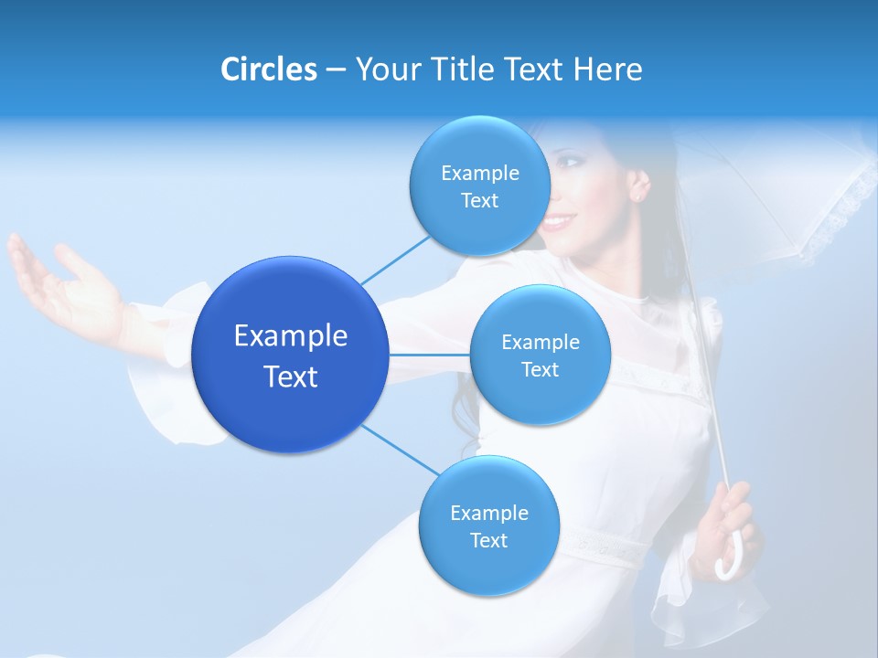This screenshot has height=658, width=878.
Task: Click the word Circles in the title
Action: [x=268, y=69]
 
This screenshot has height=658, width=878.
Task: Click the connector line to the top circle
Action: [x=395, y=260]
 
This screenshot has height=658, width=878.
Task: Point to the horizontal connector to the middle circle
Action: [x=429, y=355]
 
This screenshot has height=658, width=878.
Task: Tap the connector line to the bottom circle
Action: [x=401, y=451]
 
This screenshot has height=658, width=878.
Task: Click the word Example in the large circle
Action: [x=290, y=336]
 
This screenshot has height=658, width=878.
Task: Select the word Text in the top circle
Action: [x=479, y=201]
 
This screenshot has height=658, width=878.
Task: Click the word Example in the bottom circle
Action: [x=488, y=514]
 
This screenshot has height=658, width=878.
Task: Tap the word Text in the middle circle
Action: [x=540, y=370]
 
